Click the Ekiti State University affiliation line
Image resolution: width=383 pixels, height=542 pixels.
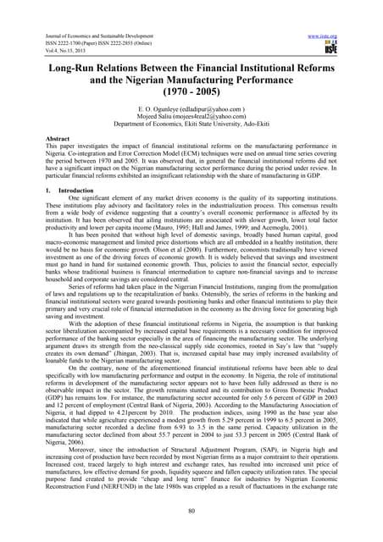point(191,128)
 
